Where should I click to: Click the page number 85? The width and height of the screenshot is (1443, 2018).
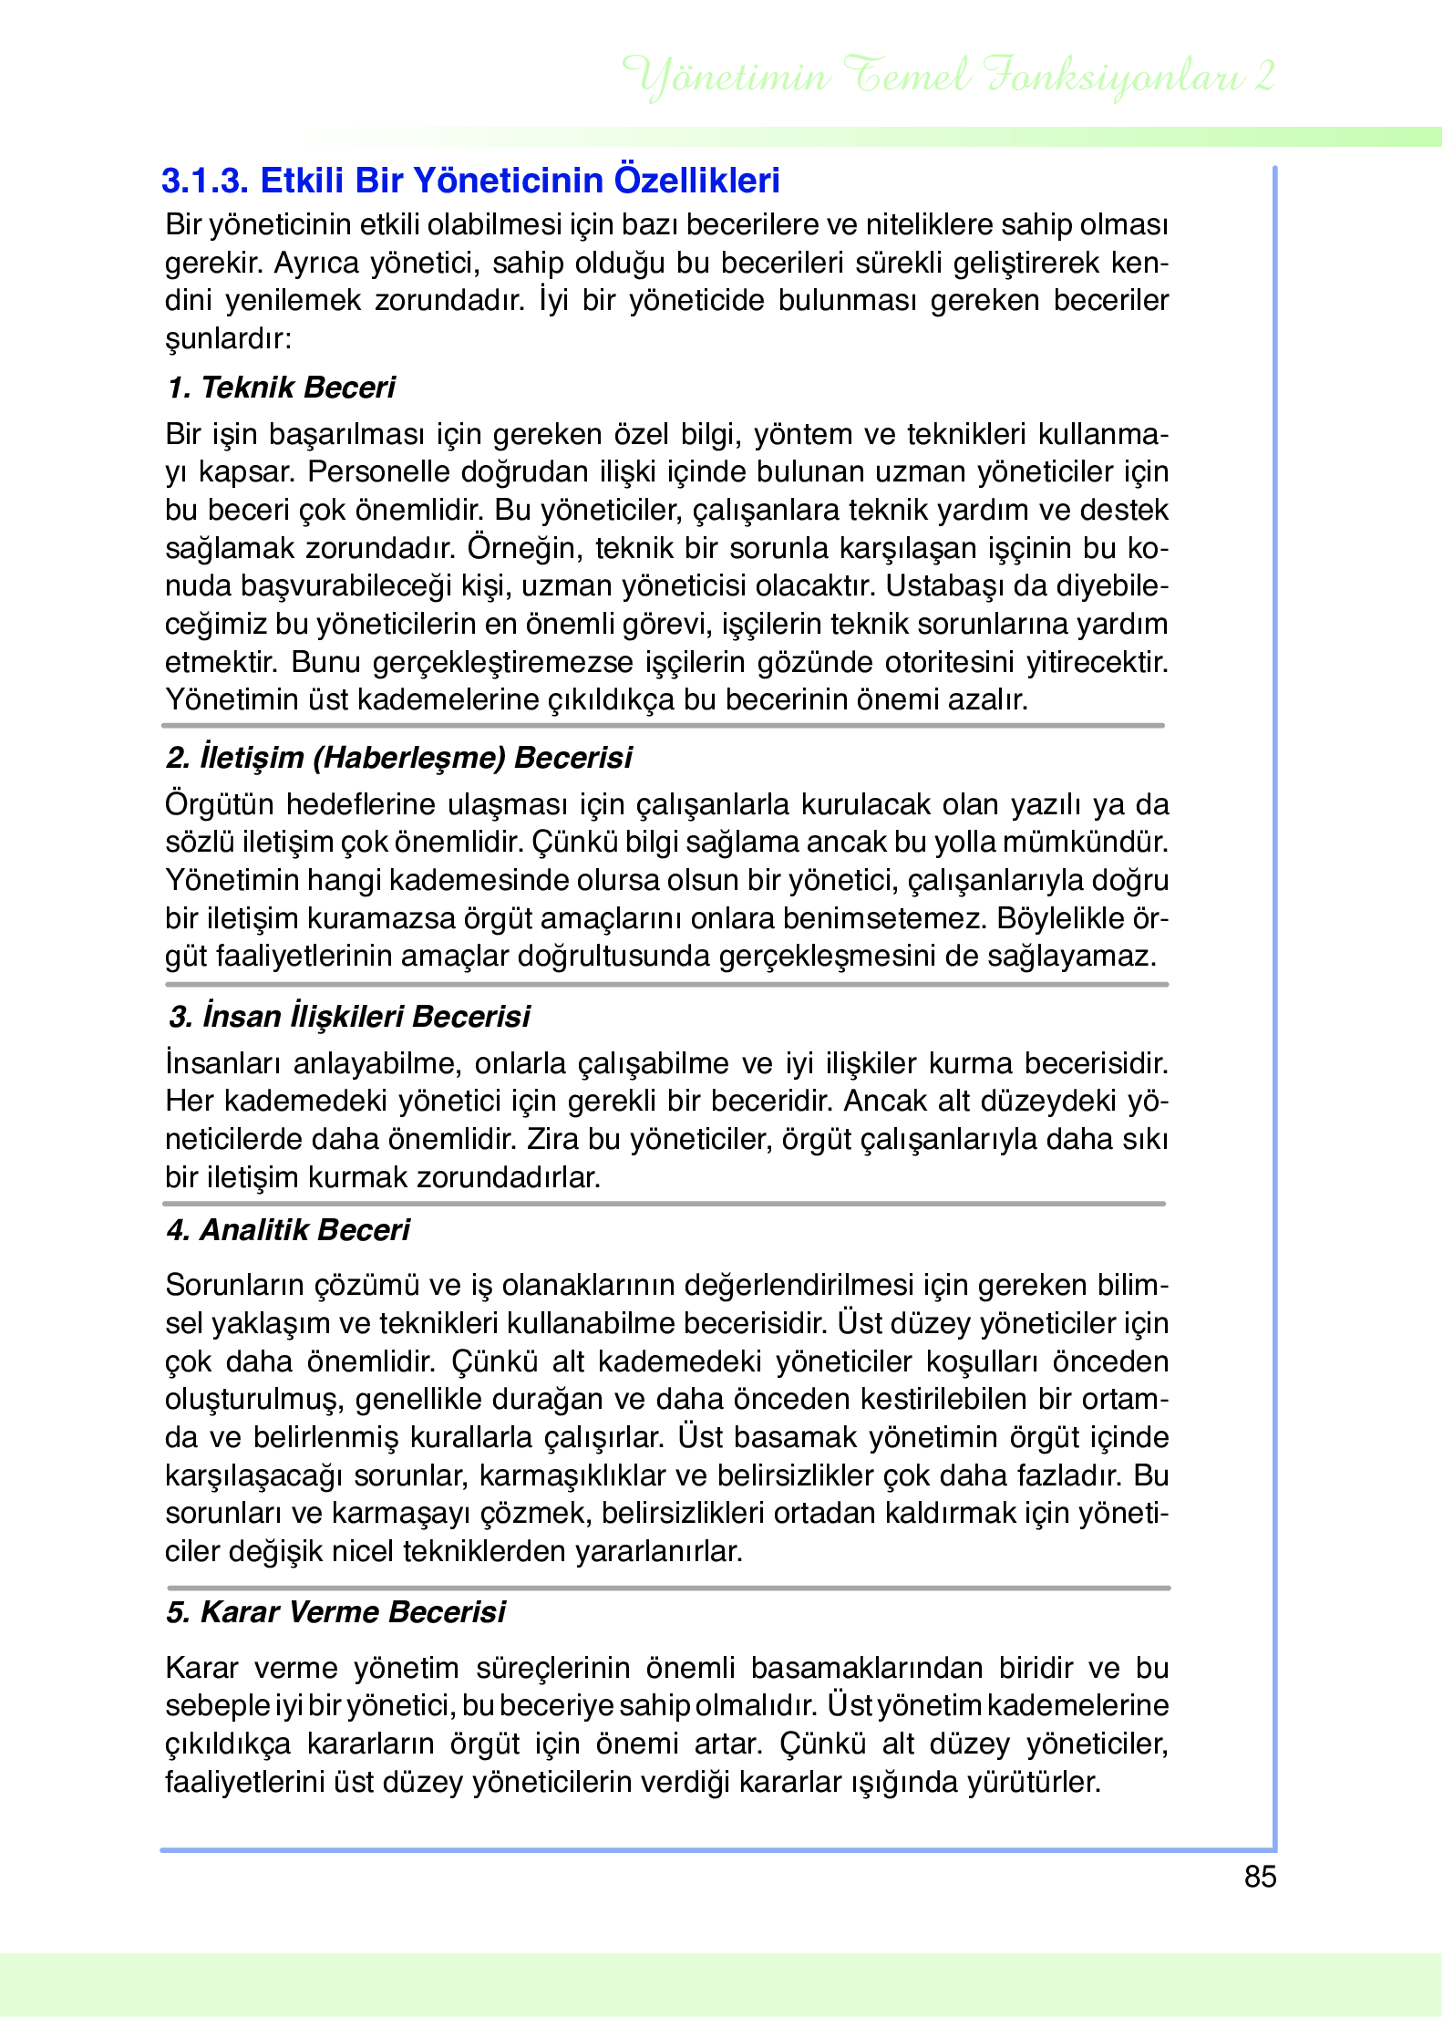[x=1260, y=1877]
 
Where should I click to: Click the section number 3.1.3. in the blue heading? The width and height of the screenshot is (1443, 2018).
[x=205, y=181]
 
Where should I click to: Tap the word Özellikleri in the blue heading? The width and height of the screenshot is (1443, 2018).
[x=696, y=181]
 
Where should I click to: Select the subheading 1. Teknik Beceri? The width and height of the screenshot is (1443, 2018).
[x=281, y=388]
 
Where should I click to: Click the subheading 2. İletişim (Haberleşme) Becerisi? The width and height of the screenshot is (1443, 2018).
[x=399, y=758]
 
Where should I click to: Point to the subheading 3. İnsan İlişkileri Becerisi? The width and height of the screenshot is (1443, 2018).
[x=349, y=1017]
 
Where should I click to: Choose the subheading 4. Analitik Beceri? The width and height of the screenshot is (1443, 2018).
[x=288, y=1230]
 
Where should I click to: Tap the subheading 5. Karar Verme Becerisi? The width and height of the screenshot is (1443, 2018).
[x=335, y=1612]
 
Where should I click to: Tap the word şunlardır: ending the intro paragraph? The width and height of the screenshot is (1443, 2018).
[x=228, y=339]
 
